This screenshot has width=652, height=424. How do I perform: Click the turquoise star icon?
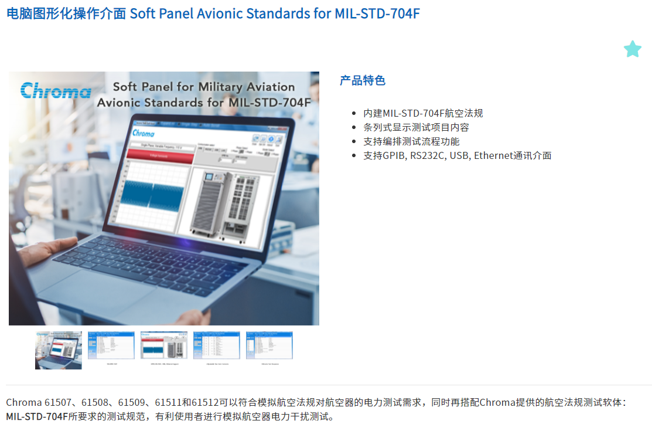coord(632,49)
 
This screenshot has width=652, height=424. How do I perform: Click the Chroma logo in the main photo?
coord(56,90)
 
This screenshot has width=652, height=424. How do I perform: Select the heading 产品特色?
coord(362,80)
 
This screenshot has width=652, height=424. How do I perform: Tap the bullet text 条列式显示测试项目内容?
coord(416,127)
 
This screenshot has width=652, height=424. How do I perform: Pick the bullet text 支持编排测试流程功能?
coord(411,141)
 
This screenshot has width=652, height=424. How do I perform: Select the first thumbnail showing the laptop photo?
coord(59,350)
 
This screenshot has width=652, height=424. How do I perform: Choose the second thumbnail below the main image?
coord(111,346)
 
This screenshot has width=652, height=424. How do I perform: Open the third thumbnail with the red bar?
coord(164,346)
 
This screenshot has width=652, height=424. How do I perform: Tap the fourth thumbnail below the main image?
coord(217,346)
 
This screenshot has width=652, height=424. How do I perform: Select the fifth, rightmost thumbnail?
coord(269,346)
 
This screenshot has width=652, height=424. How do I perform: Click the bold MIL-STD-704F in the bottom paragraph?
coord(37,417)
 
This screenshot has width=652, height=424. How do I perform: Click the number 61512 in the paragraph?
coord(203,402)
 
